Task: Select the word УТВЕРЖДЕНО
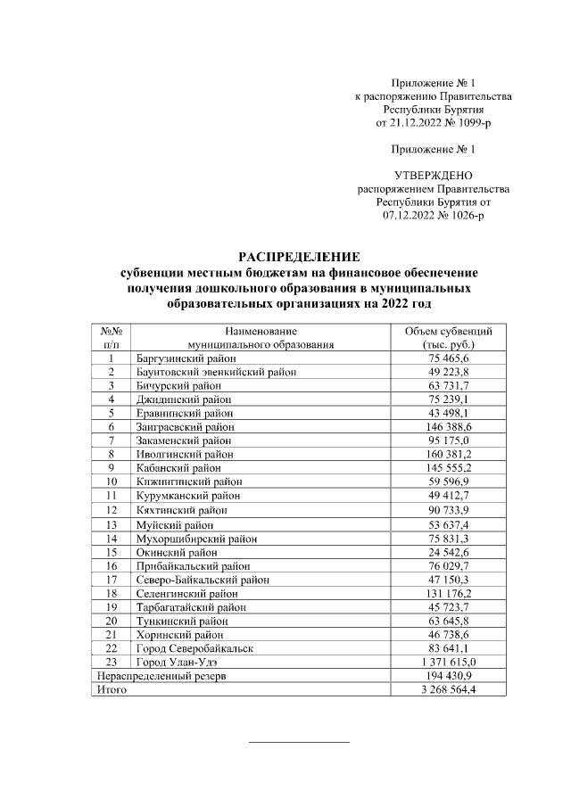pos(434,175)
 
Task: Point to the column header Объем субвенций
pos(449,330)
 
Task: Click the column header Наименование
pos(261,330)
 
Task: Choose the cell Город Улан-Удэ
pos(176,663)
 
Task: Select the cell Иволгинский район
pos(179,454)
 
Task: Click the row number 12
pos(112,509)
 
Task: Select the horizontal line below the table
pos(298,741)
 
